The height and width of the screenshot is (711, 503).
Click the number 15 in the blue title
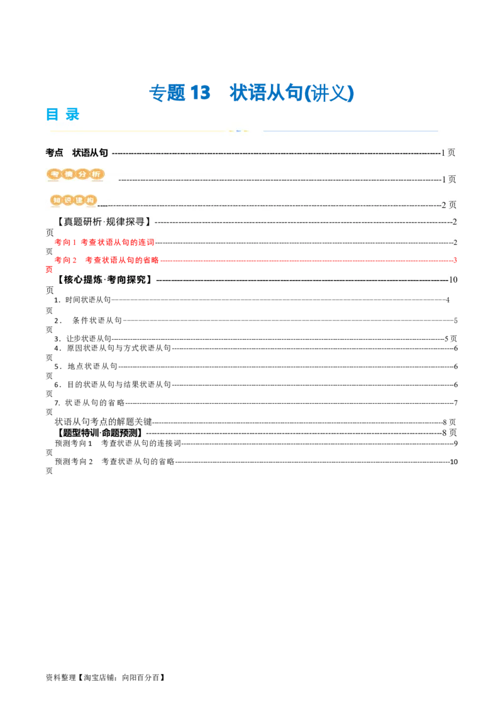click(200, 92)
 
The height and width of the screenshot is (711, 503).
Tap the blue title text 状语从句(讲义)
click(292, 92)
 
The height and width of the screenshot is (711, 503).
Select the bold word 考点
click(54, 153)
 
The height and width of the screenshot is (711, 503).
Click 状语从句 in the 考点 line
click(91, 153)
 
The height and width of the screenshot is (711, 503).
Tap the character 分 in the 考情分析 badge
click(82, 174)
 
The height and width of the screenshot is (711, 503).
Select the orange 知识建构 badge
click(74, 200)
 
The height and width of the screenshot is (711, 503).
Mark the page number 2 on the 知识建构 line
click(444, 205)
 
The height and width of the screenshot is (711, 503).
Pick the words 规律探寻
click(128, 222)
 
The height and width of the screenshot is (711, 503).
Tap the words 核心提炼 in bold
click(83, 280)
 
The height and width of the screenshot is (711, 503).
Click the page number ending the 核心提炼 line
click(451, 280)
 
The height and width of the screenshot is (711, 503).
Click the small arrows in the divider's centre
click(238, 131)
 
